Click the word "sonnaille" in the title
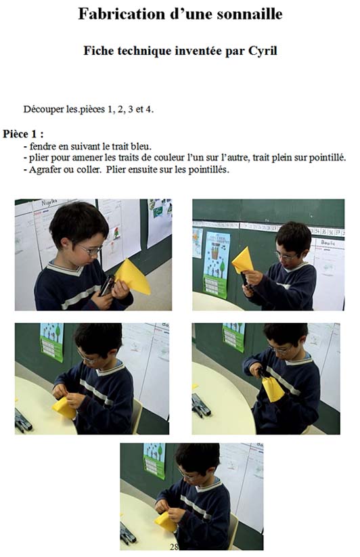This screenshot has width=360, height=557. click(x=250, y=14)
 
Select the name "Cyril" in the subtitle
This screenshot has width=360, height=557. click(x=263, y=51)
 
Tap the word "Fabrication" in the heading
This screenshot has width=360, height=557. click(x=117, y=14)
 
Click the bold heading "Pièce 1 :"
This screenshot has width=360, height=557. click(x=23, y=134)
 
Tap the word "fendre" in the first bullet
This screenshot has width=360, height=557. click(x=41, y=146)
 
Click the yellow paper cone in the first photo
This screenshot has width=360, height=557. click(x=133, y=277)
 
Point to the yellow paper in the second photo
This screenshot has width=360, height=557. click(x=243, y=261)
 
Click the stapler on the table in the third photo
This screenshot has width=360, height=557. click(x=23, y=422)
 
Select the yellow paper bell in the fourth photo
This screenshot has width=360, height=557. click(x=273, y=388)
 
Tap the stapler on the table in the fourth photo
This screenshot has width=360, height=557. click(x=200, y=405)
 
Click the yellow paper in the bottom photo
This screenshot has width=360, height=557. click(x=166, y=522)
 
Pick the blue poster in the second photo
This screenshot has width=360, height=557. click(x=217, y=265)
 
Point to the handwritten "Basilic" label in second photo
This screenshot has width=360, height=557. click(x=328, y=242)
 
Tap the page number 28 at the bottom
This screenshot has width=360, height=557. click(x=174, y=547)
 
